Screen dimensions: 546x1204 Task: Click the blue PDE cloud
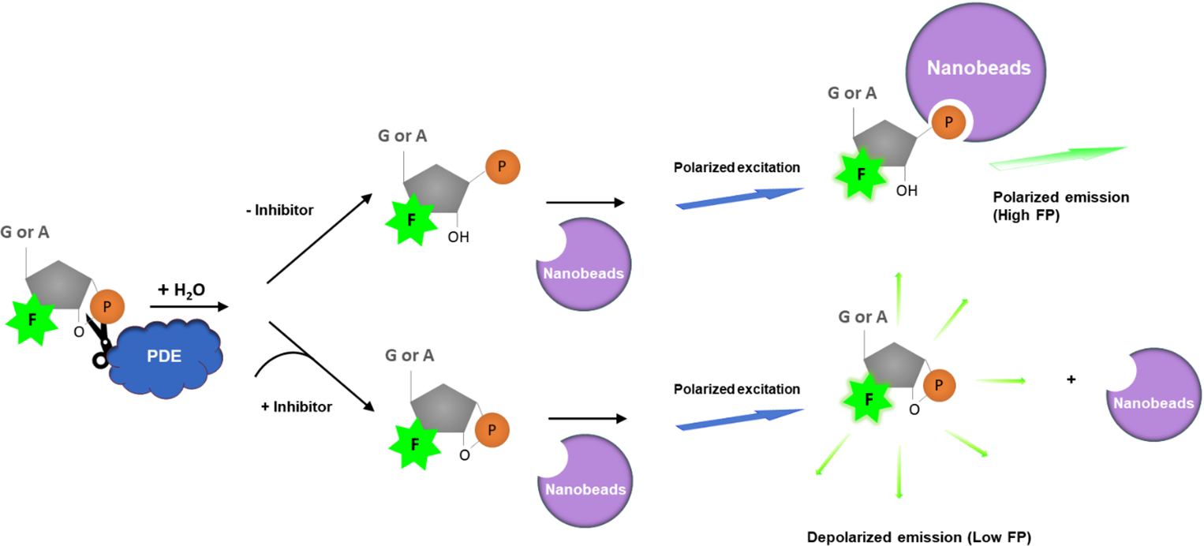tap(164, 360)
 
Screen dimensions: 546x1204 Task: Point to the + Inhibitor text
tap(296, 407)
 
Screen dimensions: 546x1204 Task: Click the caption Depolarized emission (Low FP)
tap(919, 537)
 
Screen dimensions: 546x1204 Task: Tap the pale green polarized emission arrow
tap(1057, 157)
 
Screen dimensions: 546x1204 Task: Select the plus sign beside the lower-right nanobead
tap(1071, 380)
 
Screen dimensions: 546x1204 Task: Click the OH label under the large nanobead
tap(908, 190)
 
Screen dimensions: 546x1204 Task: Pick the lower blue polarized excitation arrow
tap(739, 419)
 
